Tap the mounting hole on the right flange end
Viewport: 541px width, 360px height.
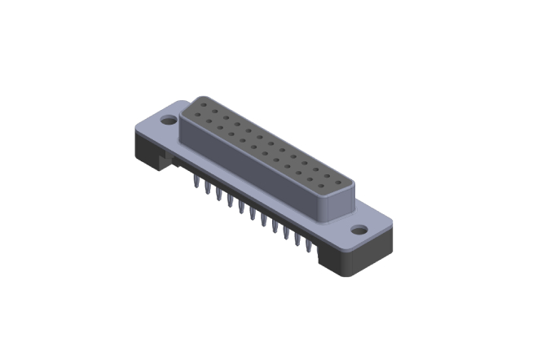click(358, 230)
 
